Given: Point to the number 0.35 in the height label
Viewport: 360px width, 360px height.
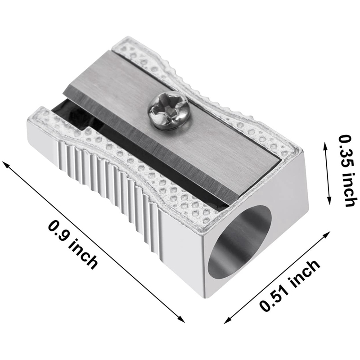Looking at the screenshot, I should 345,151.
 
